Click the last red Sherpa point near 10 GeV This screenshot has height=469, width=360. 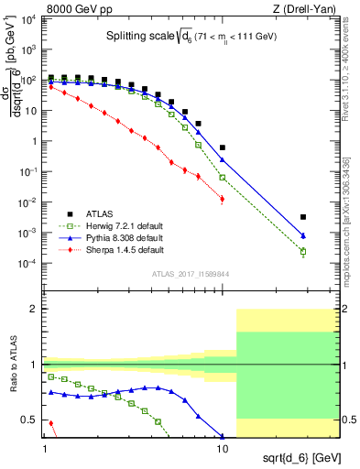[x=222, y=198]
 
